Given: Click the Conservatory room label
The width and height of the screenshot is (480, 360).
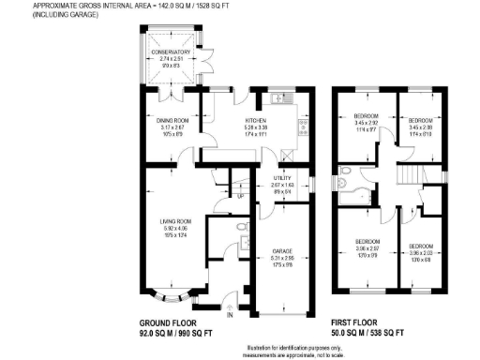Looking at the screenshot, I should tap(170, 52).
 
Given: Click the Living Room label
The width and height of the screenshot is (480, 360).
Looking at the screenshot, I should tap(174, 221).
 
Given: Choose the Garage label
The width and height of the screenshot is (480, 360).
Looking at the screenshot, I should tap(283, 251).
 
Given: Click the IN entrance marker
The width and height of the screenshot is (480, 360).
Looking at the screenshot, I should tap(230, 314).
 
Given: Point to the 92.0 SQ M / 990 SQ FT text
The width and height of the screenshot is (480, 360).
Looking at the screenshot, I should tap(176, 332).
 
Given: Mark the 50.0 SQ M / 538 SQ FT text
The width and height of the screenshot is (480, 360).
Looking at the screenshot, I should tap(366, 332).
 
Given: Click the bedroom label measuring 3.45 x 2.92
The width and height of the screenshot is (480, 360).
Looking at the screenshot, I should tap(366, 123).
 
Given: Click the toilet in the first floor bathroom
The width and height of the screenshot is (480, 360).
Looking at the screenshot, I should tap(348, 172).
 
